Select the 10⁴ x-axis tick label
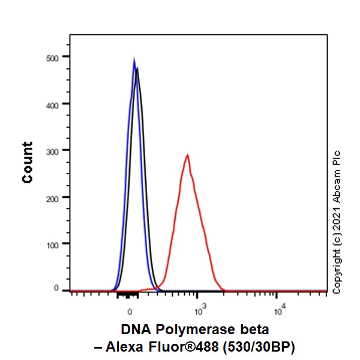[279, 310]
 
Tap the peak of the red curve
[188, 155]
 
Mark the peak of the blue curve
[134, 59]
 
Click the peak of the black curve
[137, 68]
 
